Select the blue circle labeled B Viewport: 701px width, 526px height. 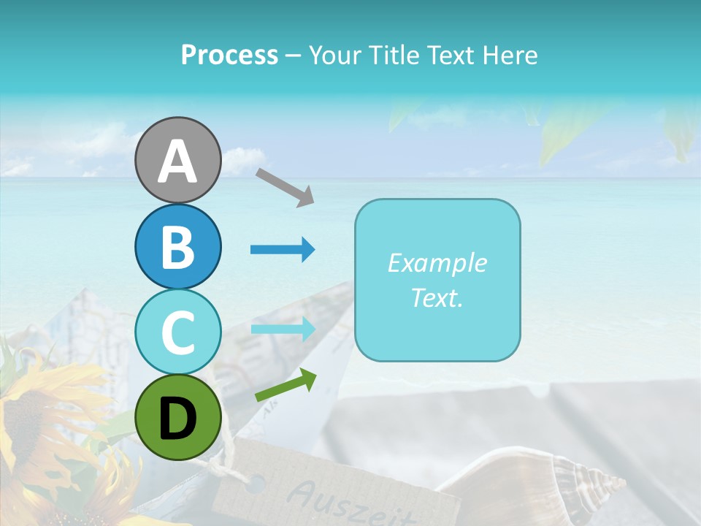point(177,247)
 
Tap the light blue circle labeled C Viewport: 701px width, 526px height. point(177,332)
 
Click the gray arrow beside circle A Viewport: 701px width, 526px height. point(284,186)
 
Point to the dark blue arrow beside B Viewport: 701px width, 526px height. point(283,250)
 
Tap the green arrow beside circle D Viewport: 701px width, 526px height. point(286,385)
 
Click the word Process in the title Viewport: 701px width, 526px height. point(229,55)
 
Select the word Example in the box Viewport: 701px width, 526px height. point(437,263)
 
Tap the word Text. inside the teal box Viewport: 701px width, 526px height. point(437,297)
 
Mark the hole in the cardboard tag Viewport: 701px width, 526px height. point(256,482)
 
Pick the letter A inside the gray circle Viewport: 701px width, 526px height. point(177,161)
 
